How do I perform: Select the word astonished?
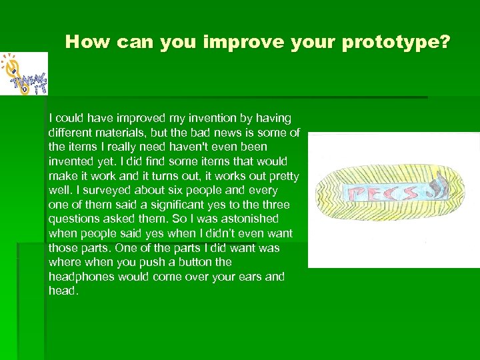click(x=241, y=219)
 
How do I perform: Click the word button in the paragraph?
click(x=196, y=262)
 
